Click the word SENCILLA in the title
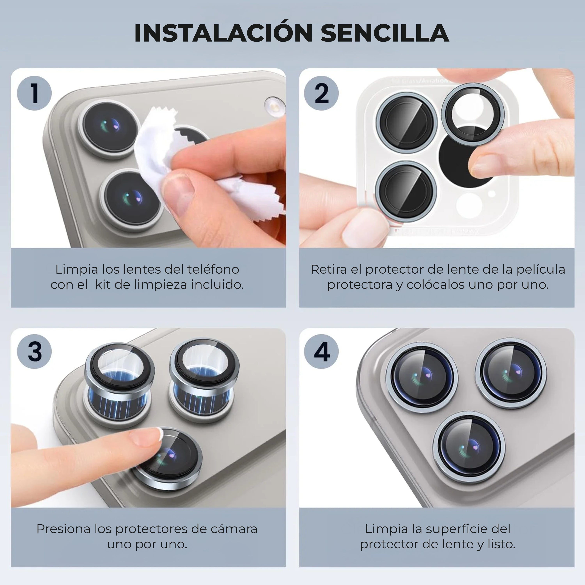tap(385, 33)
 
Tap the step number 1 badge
tap(34, 93)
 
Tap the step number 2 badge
tap(321, 93)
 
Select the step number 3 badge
tap(34, 352)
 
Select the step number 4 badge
tap(321, 352)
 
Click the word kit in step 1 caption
tap(102, 285)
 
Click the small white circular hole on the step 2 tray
tap(492, 193)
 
